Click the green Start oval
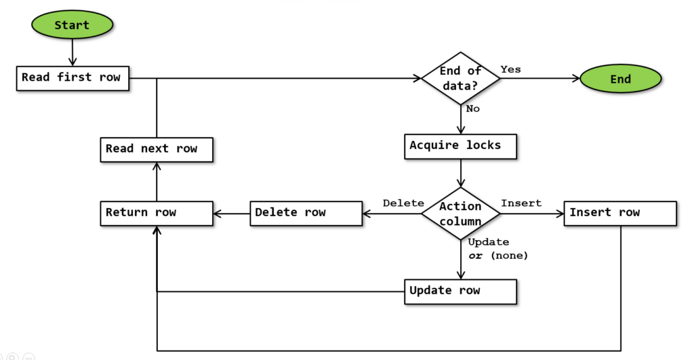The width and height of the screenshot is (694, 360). [x=72, y=25]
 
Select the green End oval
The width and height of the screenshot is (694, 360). [x=621, y=79]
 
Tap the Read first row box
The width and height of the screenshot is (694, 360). [x=73, y=79]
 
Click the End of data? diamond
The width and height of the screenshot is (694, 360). [x=461, y=79]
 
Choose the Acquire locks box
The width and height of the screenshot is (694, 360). [x=460, y=146]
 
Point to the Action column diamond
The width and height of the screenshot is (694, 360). [x=461, y=214]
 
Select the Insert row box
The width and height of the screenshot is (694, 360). [x=620, y=214]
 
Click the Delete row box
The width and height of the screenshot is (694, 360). [x=306, y=214]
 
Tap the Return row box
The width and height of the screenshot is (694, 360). [x=157, y=214]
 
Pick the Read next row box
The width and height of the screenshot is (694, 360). [x=157, y=150]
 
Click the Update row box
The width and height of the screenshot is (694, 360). [x=460, y=292]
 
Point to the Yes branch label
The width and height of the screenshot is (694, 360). [x=511, y=69]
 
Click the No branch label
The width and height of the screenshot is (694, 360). [x=472, y=108]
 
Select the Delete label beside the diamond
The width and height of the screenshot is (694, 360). [x=403, y=203]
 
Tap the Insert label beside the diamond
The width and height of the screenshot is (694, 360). [x=521, y=203]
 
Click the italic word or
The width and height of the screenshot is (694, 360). [x=475, y=256]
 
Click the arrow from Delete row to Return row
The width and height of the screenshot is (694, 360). [x=232, y=214]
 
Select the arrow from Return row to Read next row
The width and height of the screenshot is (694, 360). [x=157, y=182]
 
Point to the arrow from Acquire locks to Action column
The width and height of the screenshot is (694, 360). [x=461, y=173]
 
